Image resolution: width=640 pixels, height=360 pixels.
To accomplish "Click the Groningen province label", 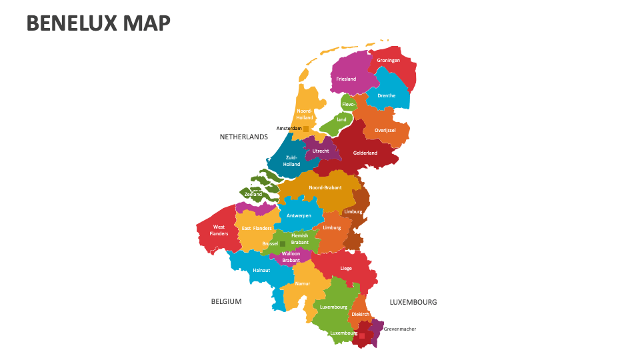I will [388, 61].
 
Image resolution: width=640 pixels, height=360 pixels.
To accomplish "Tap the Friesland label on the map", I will [346, 79].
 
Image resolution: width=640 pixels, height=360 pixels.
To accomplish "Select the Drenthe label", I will [386, 95].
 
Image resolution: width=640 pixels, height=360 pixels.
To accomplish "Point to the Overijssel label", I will [385, 130].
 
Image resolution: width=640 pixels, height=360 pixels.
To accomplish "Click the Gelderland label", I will [365, 153].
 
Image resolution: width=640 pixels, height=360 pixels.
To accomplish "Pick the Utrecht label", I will [321, 151].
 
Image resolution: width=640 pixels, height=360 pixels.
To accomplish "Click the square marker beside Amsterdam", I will [306, 128].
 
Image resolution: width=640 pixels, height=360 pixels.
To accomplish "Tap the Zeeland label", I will [253, 194].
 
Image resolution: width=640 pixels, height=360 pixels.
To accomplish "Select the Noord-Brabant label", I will [325, 187].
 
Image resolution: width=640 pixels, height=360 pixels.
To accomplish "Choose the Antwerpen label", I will [299, 215].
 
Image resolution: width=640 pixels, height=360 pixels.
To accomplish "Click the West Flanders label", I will [219, 231].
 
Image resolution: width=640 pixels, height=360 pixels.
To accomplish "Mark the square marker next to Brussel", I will [283, 244].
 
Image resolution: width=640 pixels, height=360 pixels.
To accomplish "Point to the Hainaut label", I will [261, 270].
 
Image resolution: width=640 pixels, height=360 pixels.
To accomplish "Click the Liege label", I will [346, 268].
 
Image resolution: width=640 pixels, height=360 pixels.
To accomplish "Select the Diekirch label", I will [360, 313].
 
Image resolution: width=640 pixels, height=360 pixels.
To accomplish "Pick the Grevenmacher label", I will [399, 329].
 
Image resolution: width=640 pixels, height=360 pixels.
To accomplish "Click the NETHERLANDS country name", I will [243, 137].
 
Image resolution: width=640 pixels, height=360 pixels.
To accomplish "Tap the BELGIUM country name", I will [226, 301].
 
